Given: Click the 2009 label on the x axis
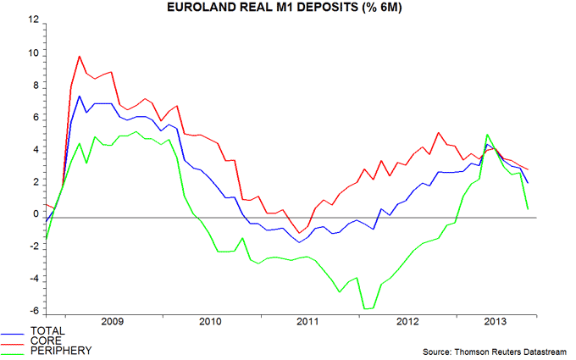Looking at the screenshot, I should click(112, 323).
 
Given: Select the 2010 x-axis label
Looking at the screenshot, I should click(210, 323).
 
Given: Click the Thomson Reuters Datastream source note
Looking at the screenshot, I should click(496, 350).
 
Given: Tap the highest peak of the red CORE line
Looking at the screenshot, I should click(79, 57).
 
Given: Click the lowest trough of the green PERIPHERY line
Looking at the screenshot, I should click(367, 309).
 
